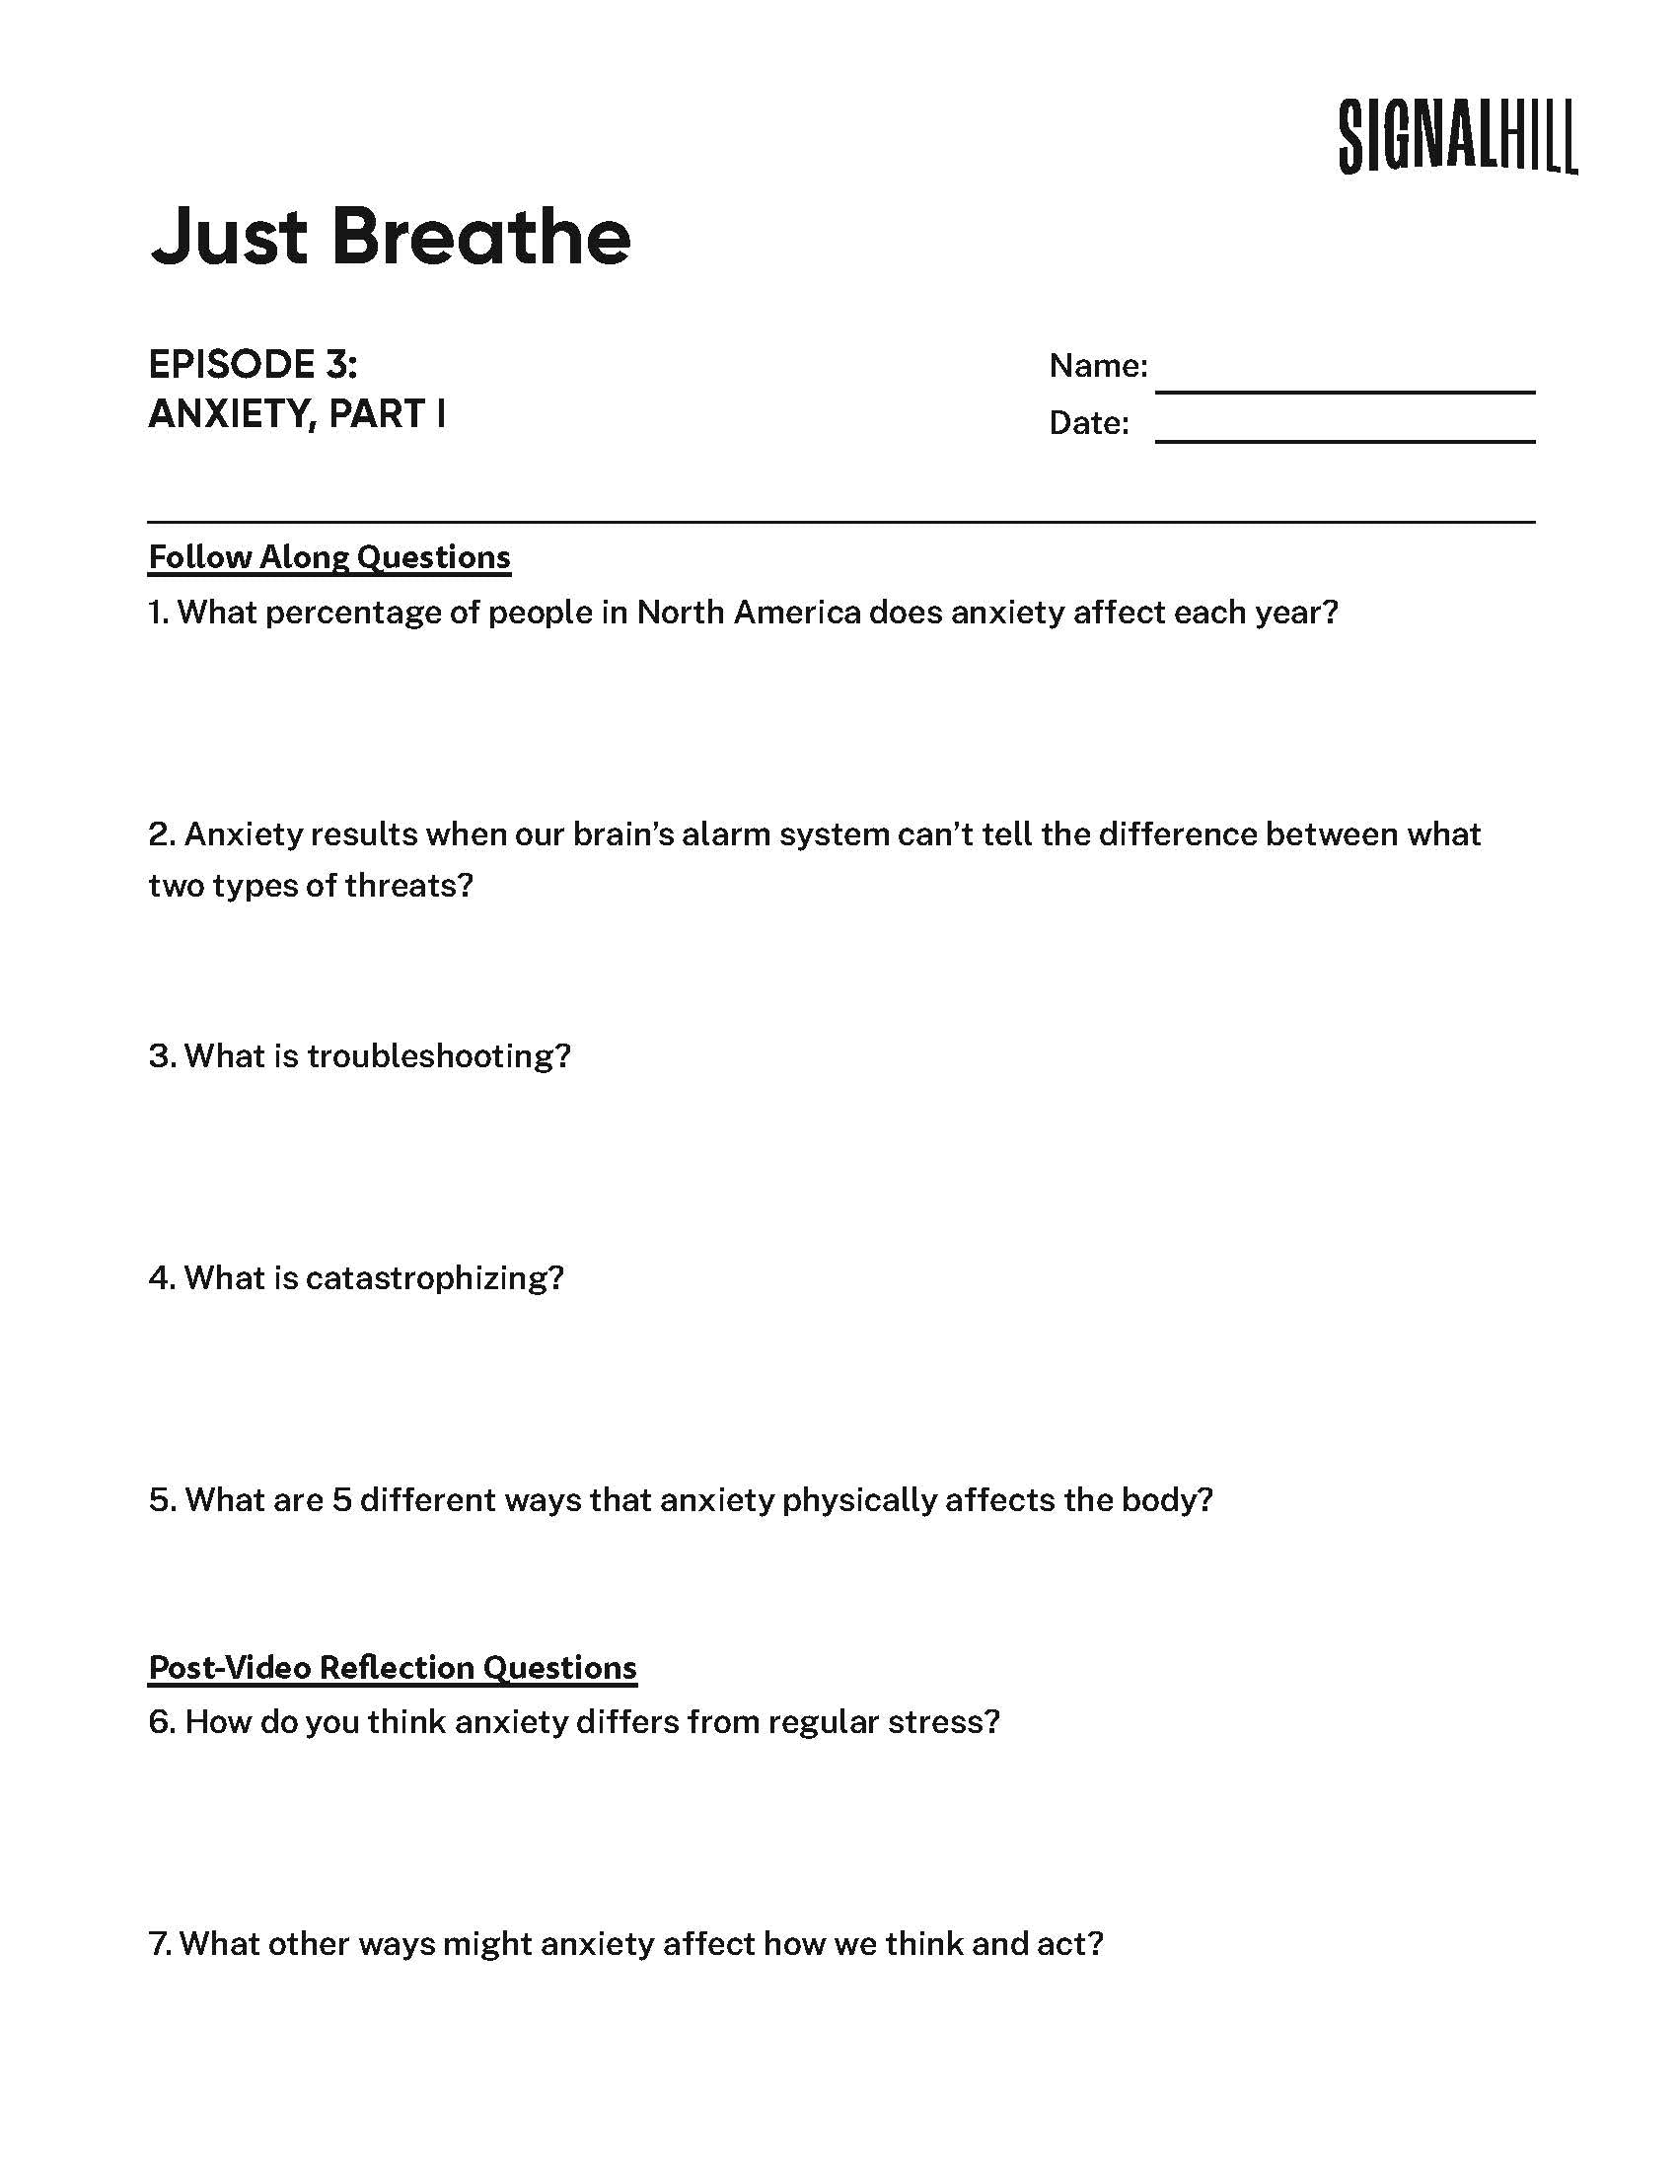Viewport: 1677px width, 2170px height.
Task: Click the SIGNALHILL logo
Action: pyautogui.click(x=1456, y=138)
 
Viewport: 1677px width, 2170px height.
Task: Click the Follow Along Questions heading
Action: pyautogui.click(x=328, y=557)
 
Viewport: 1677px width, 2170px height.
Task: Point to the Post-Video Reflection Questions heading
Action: pyautogui.click(x=393, y=1667)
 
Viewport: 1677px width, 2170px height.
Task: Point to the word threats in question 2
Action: pyautogui.click(x=408, y=885)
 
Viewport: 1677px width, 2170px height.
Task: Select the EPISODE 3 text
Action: pyautogui.click(x=253, y=365)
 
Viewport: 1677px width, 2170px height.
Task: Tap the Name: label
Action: pyautogui.click(x=1098, y=366)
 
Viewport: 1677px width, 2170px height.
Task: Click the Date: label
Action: pyautogui.click(x=1089, y=423)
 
